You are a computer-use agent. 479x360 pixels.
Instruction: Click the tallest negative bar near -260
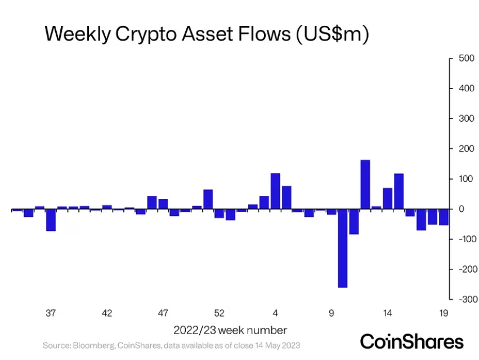point(342,248)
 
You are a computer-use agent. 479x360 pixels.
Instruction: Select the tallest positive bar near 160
point(365,184)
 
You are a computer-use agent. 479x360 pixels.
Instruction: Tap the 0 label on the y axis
point(460,209)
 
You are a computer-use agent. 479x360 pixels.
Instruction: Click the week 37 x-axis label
point(51,313)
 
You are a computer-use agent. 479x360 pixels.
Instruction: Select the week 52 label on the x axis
point(220,313)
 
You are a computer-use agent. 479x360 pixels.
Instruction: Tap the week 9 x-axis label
point(332,313)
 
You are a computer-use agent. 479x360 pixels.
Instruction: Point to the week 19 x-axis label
point(443,313)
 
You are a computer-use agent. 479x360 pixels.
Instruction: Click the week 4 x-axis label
point(275,313)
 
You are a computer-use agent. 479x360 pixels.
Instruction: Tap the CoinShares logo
point(411,341)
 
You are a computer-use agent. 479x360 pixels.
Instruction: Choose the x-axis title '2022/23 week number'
point(230,330)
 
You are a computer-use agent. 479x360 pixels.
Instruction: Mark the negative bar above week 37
point(51,220)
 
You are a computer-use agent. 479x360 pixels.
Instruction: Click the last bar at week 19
point(444,217)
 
